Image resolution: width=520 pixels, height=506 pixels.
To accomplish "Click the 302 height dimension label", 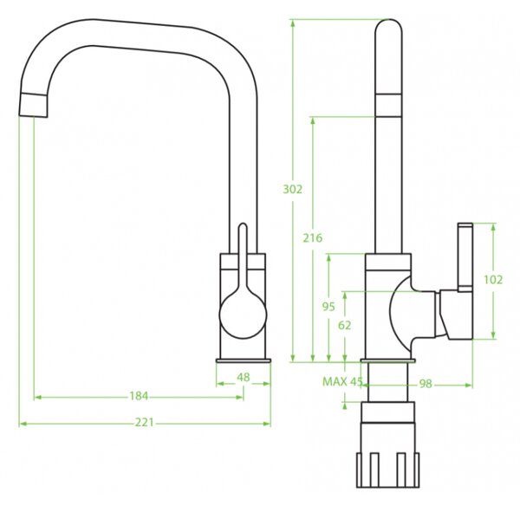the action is click(x=293, y=190).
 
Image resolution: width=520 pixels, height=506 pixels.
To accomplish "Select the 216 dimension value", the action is click(x=312, y=237).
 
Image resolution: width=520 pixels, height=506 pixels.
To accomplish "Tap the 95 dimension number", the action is click(x=328, y=307).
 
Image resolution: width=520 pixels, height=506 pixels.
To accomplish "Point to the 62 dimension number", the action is click(x=345, y=325).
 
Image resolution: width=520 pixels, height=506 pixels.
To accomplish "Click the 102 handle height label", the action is click(x=493, y=280).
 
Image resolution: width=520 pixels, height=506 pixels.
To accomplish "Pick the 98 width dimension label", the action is click(x=426, y=384).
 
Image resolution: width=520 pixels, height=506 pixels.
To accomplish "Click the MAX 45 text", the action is click(x=342, y=381).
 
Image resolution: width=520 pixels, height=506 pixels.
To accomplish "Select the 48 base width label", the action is click(x=244, y=377).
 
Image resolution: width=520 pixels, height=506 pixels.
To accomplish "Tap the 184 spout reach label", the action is click(x=139, y=396).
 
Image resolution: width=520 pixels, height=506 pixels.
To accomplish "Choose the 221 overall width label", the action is click(x=145, y=423).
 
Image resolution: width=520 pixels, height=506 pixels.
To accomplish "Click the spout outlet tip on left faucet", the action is click(x=33, y=106).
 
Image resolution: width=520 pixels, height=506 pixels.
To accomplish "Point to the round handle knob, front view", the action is click(x=243, y=315).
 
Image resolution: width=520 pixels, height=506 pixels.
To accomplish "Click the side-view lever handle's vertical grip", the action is click(x=465, y=257).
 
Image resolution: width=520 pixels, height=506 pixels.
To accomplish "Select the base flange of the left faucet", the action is click(x=244, y=360).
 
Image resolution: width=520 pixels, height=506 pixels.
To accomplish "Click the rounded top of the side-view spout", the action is click(x=388, y=27).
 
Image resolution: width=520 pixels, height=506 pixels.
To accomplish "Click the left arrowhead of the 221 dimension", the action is click(x=23, y=424).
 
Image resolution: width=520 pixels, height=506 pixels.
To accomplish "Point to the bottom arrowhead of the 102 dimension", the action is click(x=493, y=335).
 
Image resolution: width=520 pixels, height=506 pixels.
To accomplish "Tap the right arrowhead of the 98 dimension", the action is click(x=469, y=386).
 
